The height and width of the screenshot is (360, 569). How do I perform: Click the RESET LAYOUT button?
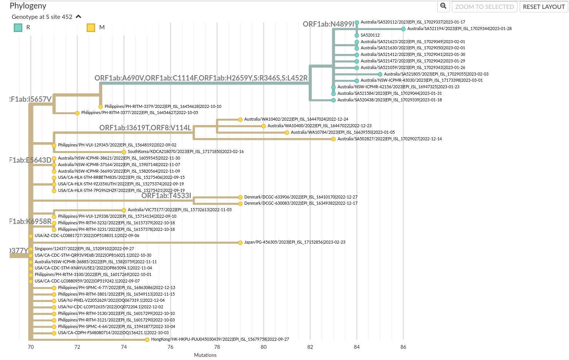coord(544,7)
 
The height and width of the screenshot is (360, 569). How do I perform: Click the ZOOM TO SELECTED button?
coord(484,7)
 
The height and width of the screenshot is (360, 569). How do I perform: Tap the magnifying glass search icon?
coord(443,6)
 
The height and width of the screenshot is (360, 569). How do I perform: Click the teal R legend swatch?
coord(18,27)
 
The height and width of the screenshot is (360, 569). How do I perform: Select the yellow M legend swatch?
coord(91,27)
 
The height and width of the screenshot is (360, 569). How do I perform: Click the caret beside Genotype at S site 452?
coord(79,17)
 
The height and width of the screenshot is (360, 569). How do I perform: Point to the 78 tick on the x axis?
coord(217,347)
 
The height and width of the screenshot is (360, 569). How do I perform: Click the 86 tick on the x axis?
coord(403,347)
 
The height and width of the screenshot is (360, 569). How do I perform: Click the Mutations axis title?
coord(205,355)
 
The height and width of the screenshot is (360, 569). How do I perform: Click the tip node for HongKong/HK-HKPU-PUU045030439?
coord(147,340)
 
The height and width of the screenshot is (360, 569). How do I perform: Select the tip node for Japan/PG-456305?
coord(240,242)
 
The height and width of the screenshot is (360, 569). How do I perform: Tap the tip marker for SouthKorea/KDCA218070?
coord(124,152)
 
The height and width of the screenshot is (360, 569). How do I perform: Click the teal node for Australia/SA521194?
coord(403,29)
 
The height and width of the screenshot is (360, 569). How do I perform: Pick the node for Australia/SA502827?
coord(334,139)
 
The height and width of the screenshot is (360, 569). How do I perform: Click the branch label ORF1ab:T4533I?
coord(166,196)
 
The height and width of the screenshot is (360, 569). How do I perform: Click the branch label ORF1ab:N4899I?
coord(328,24)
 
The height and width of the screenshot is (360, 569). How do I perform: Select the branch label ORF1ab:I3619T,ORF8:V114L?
coord(145,128)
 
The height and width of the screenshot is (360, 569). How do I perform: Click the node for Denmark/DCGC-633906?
coord(240,197)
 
